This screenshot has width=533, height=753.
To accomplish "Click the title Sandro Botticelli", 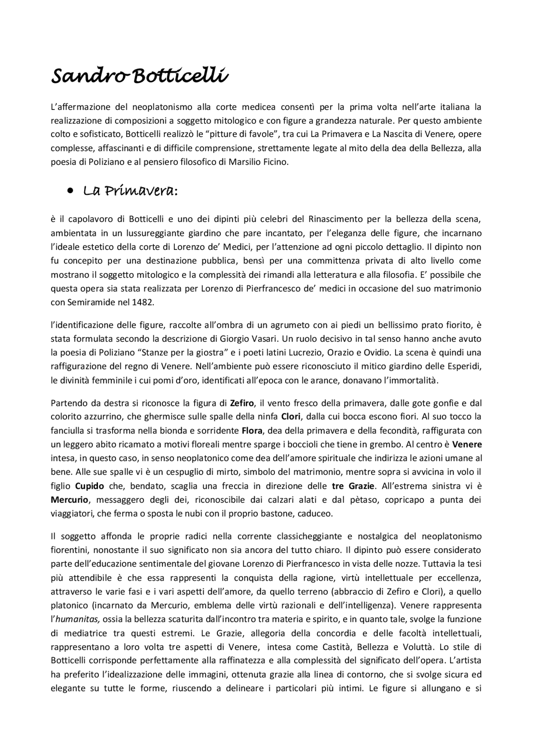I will (139, 76).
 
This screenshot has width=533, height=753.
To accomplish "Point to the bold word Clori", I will (291, 417).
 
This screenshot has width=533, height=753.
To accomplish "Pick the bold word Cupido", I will (90, 486).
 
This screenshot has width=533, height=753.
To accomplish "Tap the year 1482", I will (142, 303).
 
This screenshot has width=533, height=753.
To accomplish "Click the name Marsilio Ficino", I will (258, 162).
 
